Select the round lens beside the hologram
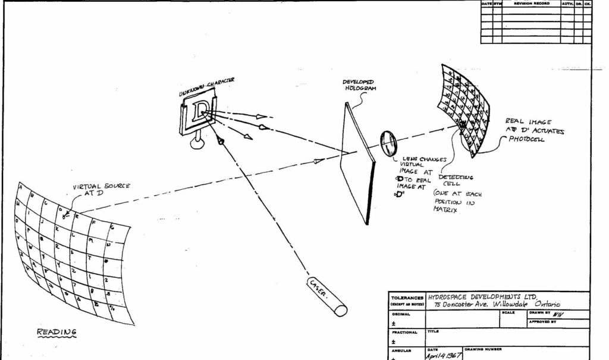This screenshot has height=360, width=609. (x=388, y=142)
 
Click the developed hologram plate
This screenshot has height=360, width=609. (x=359, y=161)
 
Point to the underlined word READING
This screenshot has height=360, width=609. (x=58, y=331)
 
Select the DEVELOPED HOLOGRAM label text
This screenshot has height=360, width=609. (x=359, y=84)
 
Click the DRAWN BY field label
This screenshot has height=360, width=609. (x=539, y=312)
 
